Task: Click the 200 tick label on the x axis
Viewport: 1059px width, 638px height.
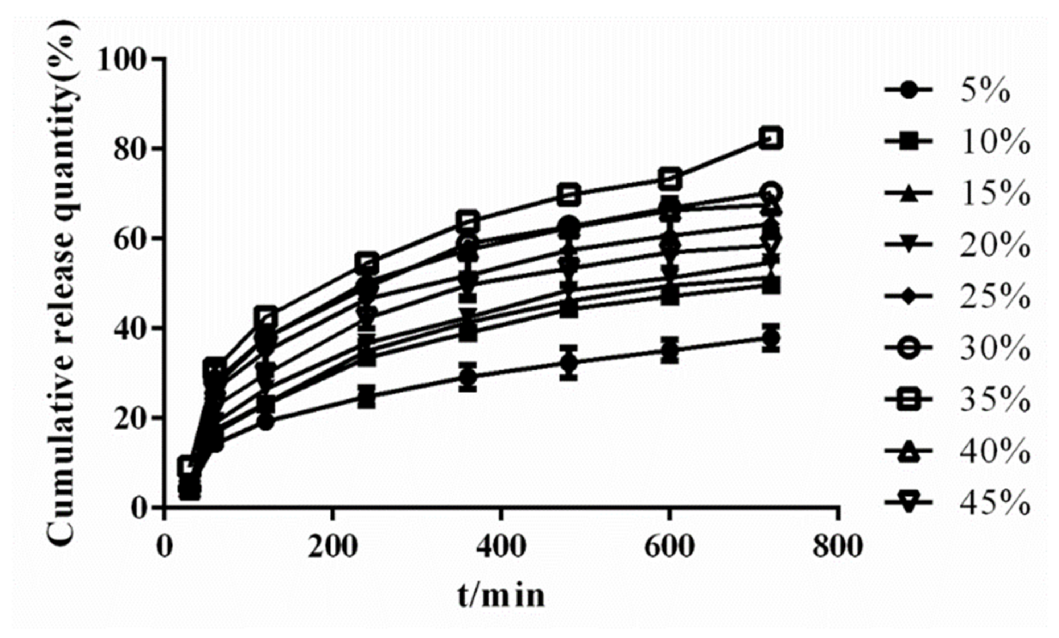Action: [332, 548]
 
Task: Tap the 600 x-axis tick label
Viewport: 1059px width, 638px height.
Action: [669, 548]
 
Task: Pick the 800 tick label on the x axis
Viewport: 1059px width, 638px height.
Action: [838, 548]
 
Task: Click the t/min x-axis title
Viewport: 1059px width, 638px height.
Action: [501, 596]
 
